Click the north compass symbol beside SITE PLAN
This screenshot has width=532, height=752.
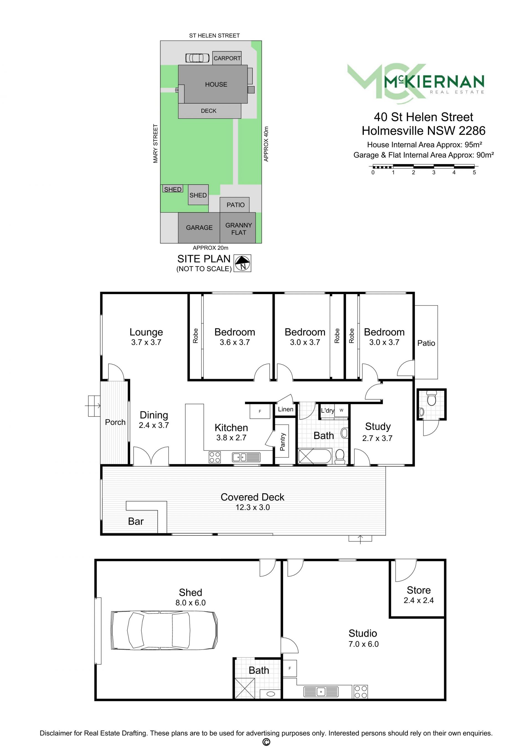point(242,263)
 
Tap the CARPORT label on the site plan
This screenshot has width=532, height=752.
point(227,58)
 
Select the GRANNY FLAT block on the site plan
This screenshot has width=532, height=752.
point(237,228)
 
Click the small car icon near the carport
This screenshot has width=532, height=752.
point(198,58)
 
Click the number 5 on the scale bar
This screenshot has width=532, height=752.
point(474,173)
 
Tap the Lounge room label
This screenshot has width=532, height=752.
point(146,332)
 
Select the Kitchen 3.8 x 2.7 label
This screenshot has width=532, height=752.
point(231,432)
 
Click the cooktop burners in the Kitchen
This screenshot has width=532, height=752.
point(214,457)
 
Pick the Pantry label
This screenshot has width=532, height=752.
point(283,442)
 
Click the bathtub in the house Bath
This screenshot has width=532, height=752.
point(315,456)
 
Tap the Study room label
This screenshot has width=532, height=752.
point(378,427)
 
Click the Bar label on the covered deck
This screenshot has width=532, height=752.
point(135,522)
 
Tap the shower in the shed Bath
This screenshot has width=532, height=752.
point(245,688)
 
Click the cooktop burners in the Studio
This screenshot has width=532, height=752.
point(361,692)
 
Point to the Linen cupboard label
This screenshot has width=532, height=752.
point(286,409)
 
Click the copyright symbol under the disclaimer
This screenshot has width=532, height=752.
point(266,742)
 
